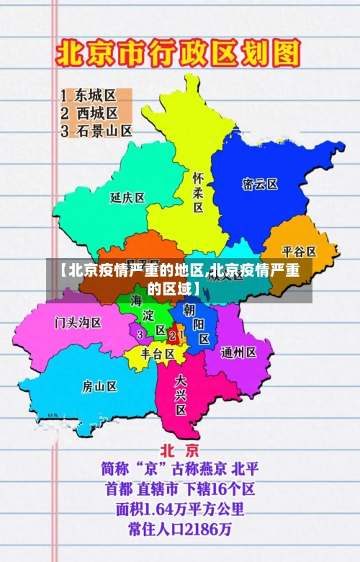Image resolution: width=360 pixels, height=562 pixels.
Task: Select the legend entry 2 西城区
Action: click(89, 113)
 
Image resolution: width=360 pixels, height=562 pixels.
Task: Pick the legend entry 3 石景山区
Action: click(96, 131)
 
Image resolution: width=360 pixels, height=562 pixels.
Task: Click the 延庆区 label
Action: click(127, 197)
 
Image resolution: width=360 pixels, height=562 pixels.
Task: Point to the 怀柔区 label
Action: click(197, 191)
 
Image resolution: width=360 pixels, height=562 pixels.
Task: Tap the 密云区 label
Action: click(260, 184)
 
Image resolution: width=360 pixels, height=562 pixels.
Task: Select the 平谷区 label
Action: click(299, 251)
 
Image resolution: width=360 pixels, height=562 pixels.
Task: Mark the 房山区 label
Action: click(99, 386)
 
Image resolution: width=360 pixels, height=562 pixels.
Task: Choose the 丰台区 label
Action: click(158, 354)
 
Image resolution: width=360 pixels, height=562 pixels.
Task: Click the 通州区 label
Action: click(239, 352)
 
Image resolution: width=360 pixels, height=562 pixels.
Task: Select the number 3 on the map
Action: click(140, 334)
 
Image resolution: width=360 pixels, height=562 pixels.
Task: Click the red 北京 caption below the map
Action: click(179, 450)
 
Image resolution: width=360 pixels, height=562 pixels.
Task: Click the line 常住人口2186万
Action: click(179, 530)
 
